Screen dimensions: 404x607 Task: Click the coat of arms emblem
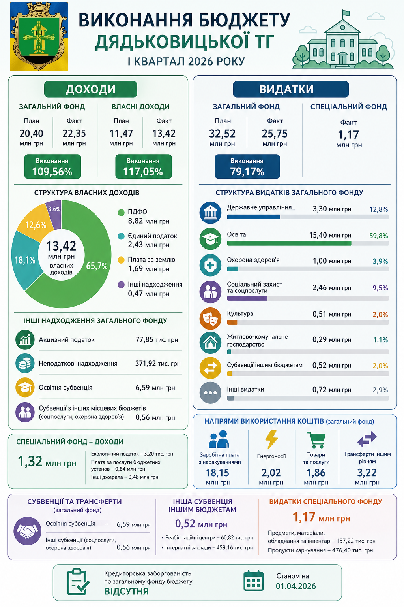coord(39,36)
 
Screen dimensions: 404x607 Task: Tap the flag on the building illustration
coord(346,13)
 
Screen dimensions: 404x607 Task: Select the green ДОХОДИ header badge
coord(91,89)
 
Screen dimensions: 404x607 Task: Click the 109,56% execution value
coord(52,172)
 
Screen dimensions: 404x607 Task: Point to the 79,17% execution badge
coord(247,166)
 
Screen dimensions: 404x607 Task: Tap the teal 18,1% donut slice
coord(25,260)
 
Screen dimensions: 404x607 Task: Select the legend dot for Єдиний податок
coord(121,236)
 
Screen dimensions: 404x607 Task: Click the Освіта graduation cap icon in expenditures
coord(210,239)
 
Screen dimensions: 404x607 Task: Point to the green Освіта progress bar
coord(289,243)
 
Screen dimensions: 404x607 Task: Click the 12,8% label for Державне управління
coord(379,209)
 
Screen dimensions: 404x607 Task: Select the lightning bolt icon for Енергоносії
coord(271,439)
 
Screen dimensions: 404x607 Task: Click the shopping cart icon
coord(316,440)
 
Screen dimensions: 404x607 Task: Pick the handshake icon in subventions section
coord(27,531)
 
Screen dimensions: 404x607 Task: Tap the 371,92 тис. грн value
coord(158,364)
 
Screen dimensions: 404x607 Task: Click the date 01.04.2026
coord(296,586)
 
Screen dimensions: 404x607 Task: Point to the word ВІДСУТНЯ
coord(126,591)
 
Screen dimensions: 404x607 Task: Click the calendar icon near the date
coord(253,581)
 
